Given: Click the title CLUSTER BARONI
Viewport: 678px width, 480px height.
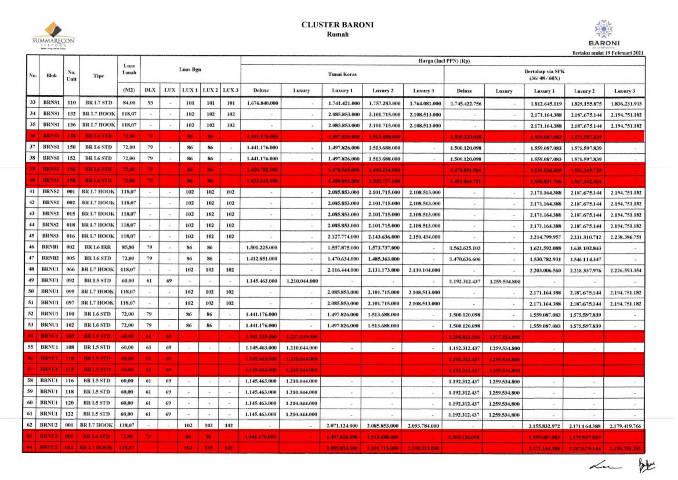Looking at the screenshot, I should (337, 25).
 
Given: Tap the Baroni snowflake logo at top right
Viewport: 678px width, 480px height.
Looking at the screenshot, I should (603, 30).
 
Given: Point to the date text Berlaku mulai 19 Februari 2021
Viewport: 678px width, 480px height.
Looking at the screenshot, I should (608, 53).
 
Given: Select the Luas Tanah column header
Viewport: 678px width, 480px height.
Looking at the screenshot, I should (129, 69).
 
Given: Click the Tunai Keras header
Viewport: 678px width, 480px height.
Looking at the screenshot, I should (342, 74).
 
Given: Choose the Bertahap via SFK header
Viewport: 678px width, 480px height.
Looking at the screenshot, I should (544, 75).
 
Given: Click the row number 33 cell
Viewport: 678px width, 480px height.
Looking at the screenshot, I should (33, 102).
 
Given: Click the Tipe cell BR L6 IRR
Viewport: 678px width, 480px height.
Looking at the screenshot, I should (97, 247).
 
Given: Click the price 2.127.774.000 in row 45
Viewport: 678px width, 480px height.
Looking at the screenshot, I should (343, 237).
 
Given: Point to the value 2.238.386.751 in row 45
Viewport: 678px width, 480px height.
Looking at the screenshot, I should (626, 237).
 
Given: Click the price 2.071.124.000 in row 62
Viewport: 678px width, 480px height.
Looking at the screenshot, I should (342, 426).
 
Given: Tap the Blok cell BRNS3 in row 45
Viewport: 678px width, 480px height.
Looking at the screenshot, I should (50, 236).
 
